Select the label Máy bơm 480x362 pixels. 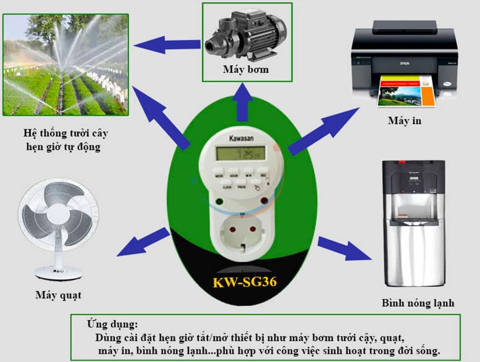246,70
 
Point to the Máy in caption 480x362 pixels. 404,121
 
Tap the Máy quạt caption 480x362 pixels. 58,296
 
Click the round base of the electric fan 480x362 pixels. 58,271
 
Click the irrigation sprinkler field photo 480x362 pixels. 66,65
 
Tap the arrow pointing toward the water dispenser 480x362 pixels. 343,248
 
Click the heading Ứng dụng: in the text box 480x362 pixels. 112,325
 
